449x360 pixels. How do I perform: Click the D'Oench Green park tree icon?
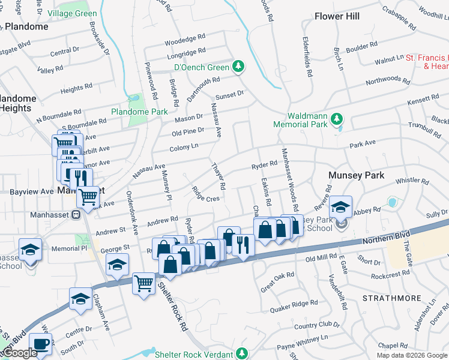click(240, 66)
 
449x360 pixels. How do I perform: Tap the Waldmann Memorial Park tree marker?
click(337, 119)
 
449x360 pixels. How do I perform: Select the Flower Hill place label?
click(337, 16)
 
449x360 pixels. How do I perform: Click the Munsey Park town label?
click(355, 176)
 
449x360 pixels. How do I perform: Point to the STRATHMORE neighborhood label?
click(388, 297)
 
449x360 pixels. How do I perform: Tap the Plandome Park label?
click(139, 112)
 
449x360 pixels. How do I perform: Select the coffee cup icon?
click(41, 344)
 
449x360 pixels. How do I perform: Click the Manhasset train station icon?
click(76, 214)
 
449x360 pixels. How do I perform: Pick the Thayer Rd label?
click(217, 176)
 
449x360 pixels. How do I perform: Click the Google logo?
click(20, 353)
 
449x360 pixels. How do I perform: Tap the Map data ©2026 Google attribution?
click(411, 355)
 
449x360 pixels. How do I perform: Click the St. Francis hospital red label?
click(427, 62)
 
